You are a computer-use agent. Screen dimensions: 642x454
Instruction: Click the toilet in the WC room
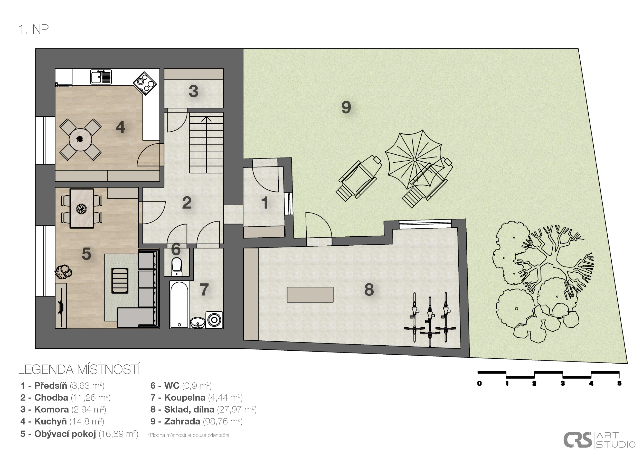pyautogui.click(x=176, y=267)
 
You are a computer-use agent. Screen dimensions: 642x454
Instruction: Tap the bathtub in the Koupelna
pyautogui.click(x=179, y=305)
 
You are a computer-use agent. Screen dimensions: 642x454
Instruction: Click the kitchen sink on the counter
pyautogui.click(x=101, y=77)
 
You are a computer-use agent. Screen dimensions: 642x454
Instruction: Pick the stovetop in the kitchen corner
pyautogui.click(x=145, y=83)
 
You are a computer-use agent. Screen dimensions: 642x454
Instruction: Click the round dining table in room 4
pyautogui.click(x=80, y=140)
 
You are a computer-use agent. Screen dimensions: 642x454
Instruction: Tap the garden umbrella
pyautogui.click(x=415, y=160)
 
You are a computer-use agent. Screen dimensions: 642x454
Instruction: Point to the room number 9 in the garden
pyautogui.click(x=346, y=107)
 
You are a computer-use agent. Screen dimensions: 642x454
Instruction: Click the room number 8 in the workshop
pyautogui.click(x=369, y=290)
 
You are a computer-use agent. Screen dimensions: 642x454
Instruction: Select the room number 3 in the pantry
pyautogui.click(x=193, y=91)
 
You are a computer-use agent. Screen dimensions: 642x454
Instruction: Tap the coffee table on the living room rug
pyautogui.click(x=120, y=281)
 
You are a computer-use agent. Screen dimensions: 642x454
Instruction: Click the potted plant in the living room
pyautogui.click(x=63, y=272)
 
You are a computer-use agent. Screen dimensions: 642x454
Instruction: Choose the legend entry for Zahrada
pyautogui.click(x=196, y=422)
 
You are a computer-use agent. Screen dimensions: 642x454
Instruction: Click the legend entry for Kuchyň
pyautogui.click(x=62, y=422)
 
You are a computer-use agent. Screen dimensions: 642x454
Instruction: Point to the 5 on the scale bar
pyautogui.click(x=619, y=384)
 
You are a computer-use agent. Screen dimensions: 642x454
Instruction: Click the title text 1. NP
pyautogui.click(x=34, y=29)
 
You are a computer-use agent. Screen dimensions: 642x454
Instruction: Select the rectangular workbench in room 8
pyautogui.click(x=310, y=294)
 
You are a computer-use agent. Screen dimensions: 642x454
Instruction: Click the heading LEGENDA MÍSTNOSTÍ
pyautogui.click(x=79, y=369)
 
